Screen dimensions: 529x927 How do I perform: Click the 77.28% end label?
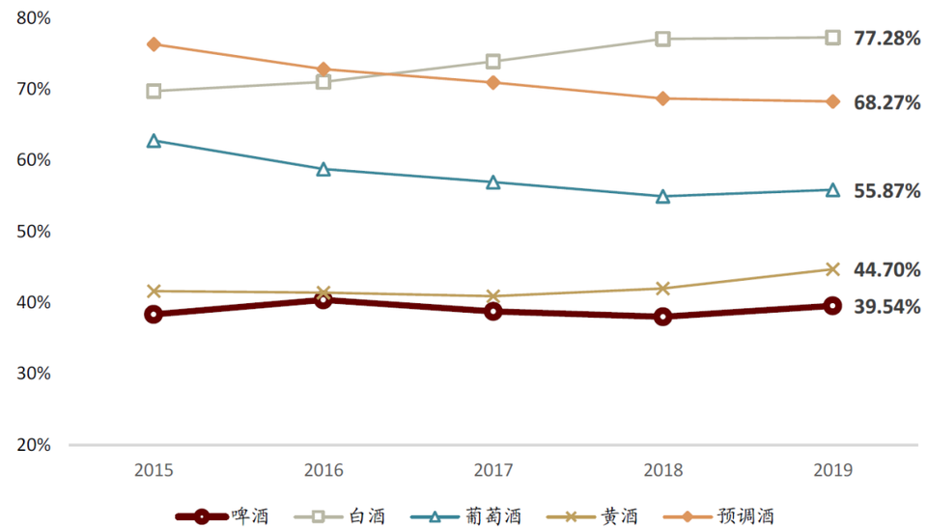pyautogui.click(x=886, y=39)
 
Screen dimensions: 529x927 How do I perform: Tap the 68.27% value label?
pyautogui.click(x=886, y=102)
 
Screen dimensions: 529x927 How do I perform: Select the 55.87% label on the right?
pyautogui.click(x=886, y=191)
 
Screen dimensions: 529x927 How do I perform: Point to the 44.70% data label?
pyautogui.click(x=886, y=270)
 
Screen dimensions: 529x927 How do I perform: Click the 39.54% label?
pyautogui.click(x=886, y=307)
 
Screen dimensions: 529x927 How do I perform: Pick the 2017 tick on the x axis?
pyautogui.click(x=493, y=470)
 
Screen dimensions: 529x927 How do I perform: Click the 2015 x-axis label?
pyautogui.click(x=154, y=470)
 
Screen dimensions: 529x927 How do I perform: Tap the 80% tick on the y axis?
pyautogui.click(x=34, y=18)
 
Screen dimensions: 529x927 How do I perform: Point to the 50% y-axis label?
pyautogui.click(x=34, y=232)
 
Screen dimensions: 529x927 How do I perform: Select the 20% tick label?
pyautogui.click(x=34, y=445)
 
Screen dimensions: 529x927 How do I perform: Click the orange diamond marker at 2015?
pyautogui.click(x=154, y=44)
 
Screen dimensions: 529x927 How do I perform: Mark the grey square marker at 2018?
pyautogui.click(x=662, y=39)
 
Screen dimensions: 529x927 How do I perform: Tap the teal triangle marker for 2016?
pyautogui.click(x=323, y=169)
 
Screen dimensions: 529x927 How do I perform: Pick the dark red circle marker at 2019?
pyautogui.click(x=831, y=306)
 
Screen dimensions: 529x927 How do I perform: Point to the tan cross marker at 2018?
pyautogui.click(x=662, y=288)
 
